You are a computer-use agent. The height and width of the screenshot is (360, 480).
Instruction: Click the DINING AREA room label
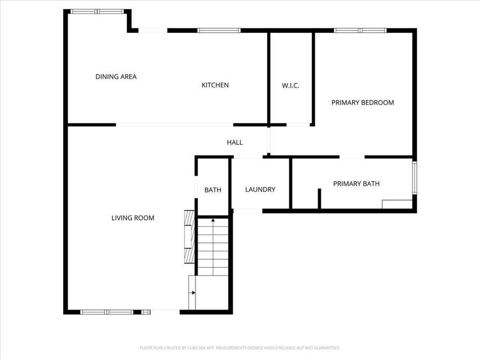[116, 76]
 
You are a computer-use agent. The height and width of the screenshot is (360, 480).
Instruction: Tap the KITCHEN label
[215, 85]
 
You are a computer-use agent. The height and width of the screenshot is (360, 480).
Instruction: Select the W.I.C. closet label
[291, 86]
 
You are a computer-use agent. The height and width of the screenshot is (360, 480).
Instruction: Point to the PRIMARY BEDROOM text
[363, 103]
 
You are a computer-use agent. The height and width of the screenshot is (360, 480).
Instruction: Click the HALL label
[235, 142]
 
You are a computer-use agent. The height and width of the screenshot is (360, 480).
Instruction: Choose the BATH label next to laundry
[213, 190]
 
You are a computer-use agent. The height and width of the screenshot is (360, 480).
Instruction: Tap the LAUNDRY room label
[260, 189]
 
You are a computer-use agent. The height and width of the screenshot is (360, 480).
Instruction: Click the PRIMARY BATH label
[356, 184]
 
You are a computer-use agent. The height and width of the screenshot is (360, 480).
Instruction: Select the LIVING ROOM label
[133, 218]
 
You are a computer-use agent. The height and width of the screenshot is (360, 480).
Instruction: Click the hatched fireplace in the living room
[189, 237]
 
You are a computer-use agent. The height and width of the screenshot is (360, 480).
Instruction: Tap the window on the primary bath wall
[414, 178]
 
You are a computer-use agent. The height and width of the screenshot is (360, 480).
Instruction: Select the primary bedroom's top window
[360, 30]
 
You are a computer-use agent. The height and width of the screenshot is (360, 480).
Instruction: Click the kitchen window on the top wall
[219, 30]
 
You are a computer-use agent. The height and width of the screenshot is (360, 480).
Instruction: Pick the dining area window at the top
[97, 12]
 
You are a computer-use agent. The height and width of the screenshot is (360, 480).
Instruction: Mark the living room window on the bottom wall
[107, 312]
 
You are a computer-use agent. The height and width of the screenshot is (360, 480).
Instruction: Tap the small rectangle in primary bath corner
[397, 204]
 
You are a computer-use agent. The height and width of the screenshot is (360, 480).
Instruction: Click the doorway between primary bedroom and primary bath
[352, 157]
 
